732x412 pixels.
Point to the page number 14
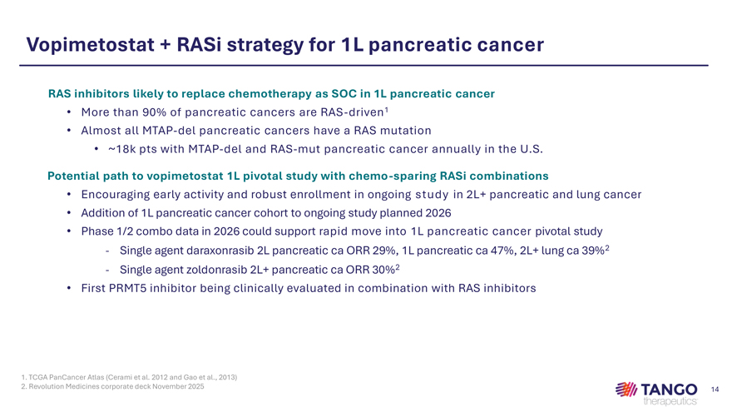click(715, 390)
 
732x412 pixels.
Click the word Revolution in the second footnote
click(46, 387)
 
